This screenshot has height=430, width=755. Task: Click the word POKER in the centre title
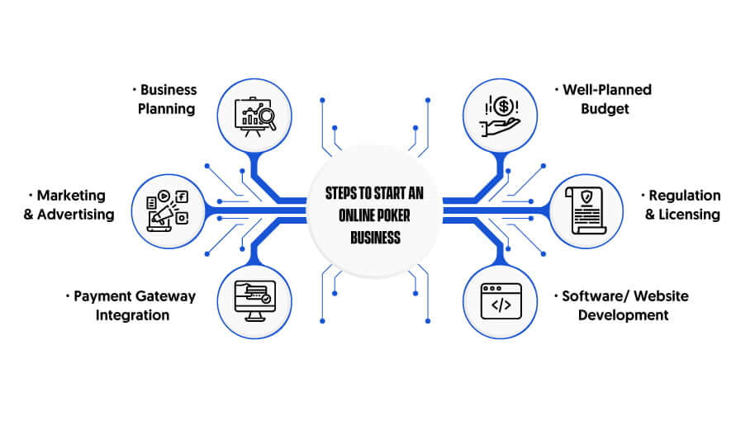tap(393, 215)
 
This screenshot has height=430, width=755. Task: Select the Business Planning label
tap(167, 99)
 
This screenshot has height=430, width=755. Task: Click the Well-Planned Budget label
tap(604, 99)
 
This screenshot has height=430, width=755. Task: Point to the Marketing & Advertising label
tap(69, 205)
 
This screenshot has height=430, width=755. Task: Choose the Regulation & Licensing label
tap(681, 205)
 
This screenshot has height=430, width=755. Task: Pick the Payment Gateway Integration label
tap(131, 305)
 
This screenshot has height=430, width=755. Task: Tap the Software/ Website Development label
tap(622, 305)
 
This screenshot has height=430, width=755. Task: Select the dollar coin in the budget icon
tap(503, 106)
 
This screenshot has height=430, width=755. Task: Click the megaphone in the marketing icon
tap(162, 215)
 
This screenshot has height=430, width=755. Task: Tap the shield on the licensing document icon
tap(586, 196)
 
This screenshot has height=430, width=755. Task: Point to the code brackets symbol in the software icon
tap(501, 305)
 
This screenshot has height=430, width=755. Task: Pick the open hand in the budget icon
tap(500, 127)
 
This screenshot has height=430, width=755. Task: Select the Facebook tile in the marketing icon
tap(182, 196)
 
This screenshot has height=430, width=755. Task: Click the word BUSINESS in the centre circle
tap(376, 238)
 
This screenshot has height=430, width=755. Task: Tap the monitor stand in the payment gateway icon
tap(255, 316)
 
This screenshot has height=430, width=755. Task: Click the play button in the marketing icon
tap(164, 196)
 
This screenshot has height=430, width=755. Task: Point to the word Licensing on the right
tap(689, 215)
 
